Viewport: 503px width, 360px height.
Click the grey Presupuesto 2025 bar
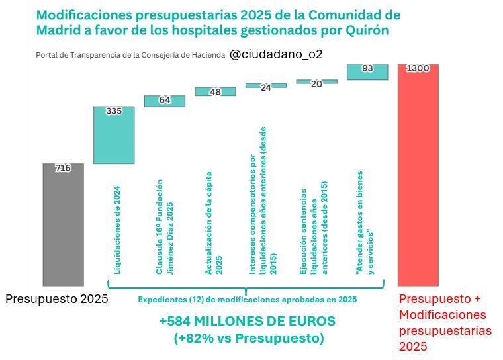(x=63, y=225)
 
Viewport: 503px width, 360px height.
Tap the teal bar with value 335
(x=114, y=136)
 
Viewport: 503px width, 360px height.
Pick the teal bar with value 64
(x=165, y=101)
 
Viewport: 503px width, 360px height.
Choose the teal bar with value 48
(x=215, y=92)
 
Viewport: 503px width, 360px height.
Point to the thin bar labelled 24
(x=266, y=85)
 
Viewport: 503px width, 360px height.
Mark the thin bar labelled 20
(x=316, y=81)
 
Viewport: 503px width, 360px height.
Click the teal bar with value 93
(x=367, y=72)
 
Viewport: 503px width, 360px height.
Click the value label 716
(x=63, y=169)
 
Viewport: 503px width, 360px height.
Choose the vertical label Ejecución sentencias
(x=314, y=225)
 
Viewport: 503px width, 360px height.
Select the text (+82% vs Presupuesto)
(x=248, y=338)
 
